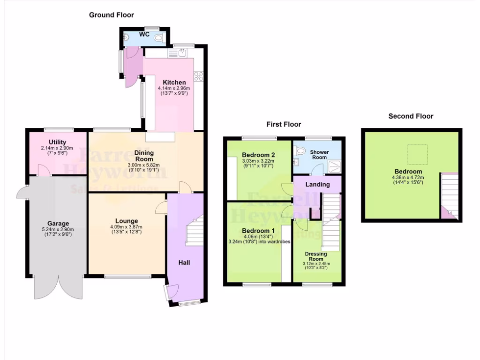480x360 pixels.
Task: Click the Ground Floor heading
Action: pos(112,15)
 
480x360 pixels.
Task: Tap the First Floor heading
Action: pos(284,124)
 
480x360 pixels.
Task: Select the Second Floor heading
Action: pos(411,116)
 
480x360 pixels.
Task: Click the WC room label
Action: pos(144,35)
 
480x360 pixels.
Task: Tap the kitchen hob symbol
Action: pos(197,75)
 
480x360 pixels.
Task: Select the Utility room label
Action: pos(57,142)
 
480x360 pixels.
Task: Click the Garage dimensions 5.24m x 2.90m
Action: pos(58,229)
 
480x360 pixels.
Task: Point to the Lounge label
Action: pos(127,221)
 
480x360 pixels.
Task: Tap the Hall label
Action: pos(184,263)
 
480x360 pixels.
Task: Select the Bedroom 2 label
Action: pos(258,155)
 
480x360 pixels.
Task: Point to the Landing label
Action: pos(317,184)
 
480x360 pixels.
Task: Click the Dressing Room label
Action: pos(316,256)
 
